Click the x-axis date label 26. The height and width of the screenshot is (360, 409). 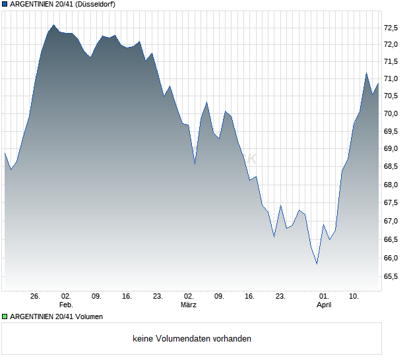36,296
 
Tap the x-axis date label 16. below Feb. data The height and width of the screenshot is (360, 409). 127,296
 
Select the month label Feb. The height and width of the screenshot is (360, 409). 66,305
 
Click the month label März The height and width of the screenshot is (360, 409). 189,305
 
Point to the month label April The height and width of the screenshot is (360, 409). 324,305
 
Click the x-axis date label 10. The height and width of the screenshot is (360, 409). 354,296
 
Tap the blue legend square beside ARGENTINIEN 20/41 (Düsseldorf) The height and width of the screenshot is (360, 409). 5,5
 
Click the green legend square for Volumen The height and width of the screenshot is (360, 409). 5,316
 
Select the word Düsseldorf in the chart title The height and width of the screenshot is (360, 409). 96,5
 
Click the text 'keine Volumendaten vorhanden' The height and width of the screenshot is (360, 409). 192,339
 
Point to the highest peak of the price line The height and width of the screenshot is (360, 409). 53,25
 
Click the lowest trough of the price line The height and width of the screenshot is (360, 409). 317,264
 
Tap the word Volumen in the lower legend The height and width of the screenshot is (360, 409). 88,316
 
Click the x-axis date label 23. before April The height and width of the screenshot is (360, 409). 280,296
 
